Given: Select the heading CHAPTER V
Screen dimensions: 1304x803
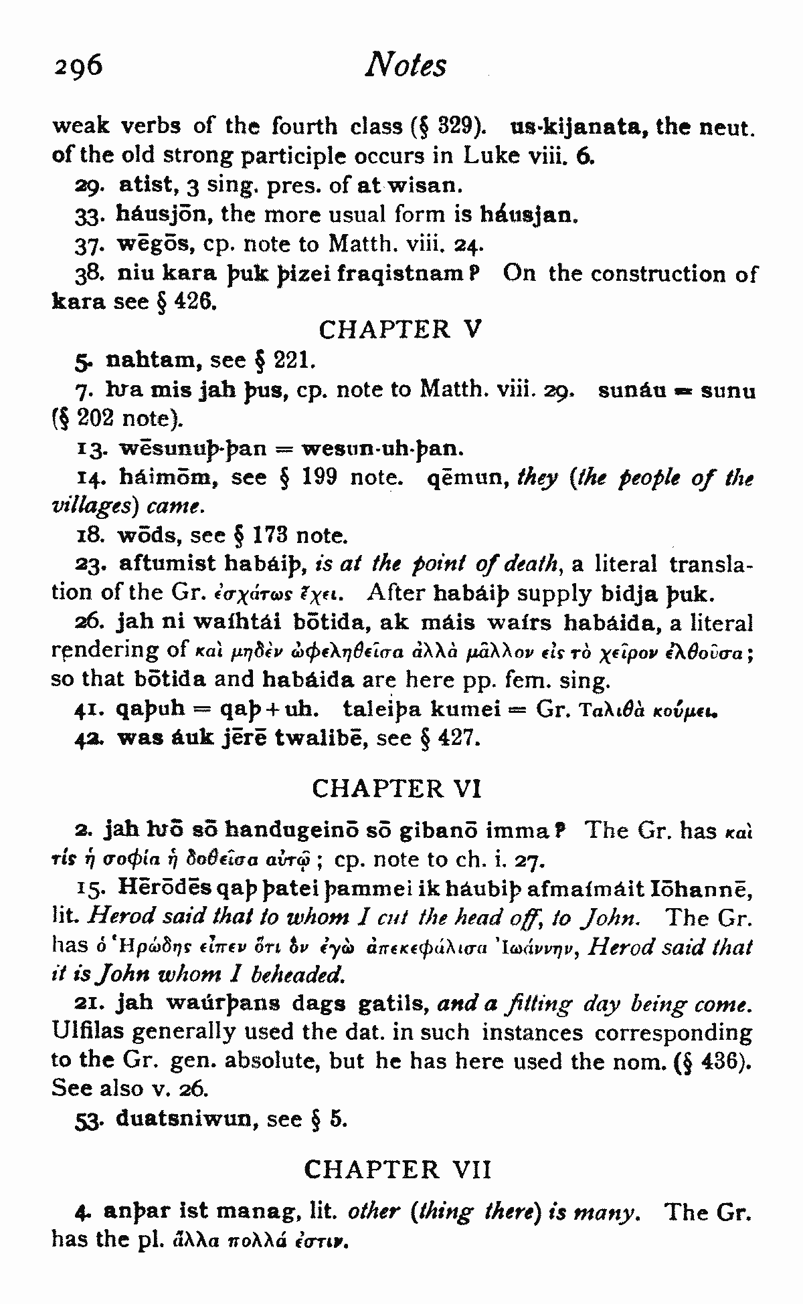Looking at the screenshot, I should coord(399,330).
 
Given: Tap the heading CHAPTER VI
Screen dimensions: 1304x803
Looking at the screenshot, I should coord(397,789).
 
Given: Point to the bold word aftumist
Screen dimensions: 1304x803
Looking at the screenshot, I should coord(169,563).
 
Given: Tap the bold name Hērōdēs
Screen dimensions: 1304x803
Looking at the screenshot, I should coord(172,888).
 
